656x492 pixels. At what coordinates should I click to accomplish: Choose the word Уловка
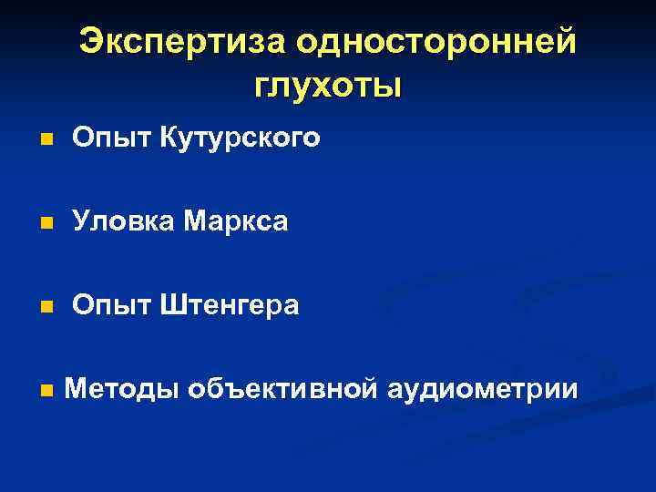(x=123, y=221)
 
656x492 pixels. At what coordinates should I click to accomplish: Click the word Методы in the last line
(x=122, y=389)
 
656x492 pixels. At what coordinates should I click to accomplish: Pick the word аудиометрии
(x=482, y=389)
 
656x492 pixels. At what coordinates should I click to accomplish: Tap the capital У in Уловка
(x=81, y=221)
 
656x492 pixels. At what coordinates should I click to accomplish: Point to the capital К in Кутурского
(x=169, y=138)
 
